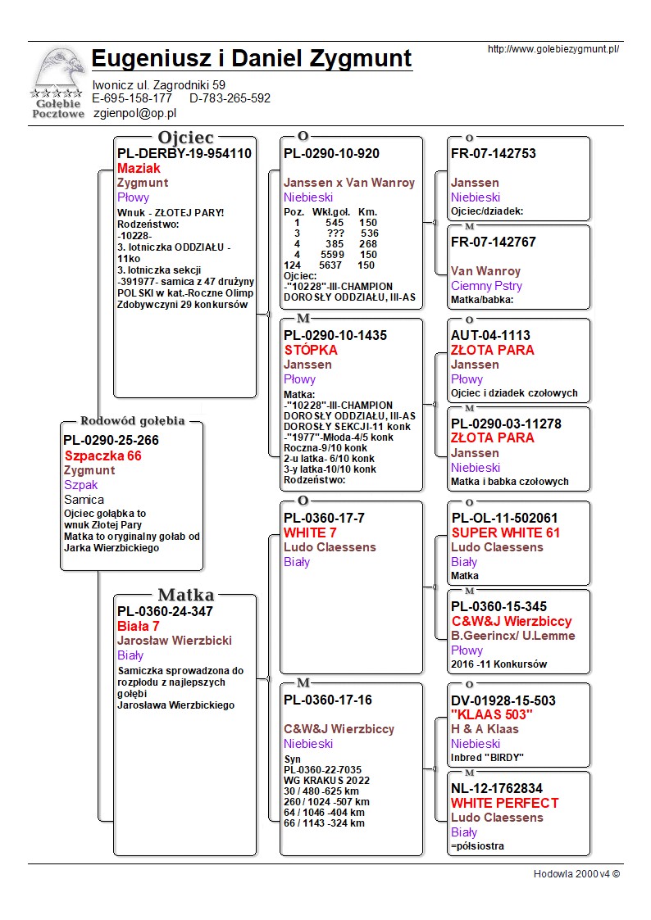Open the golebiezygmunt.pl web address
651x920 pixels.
coord(553,49)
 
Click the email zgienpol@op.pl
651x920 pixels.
coord(134,114)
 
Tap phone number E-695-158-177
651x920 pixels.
coord(132,98)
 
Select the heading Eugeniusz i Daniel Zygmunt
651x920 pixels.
coord(252,59)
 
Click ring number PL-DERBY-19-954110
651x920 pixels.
coord(184,153)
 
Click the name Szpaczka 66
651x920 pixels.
coord(102,455)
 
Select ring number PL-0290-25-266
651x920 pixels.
coord(111,440)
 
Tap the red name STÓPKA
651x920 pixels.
coord(311,350)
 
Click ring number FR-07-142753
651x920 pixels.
coord(494,153)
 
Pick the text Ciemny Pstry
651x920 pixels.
coord(486,286)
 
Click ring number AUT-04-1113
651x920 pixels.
coord(490,335)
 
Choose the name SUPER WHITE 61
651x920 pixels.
coord(505,533)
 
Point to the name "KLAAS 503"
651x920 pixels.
coord(492,714)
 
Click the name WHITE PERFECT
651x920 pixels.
coord(504,803)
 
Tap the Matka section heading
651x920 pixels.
coord(185,595)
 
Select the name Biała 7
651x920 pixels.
coord(138,626)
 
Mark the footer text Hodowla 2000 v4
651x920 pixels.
coord(576,873)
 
